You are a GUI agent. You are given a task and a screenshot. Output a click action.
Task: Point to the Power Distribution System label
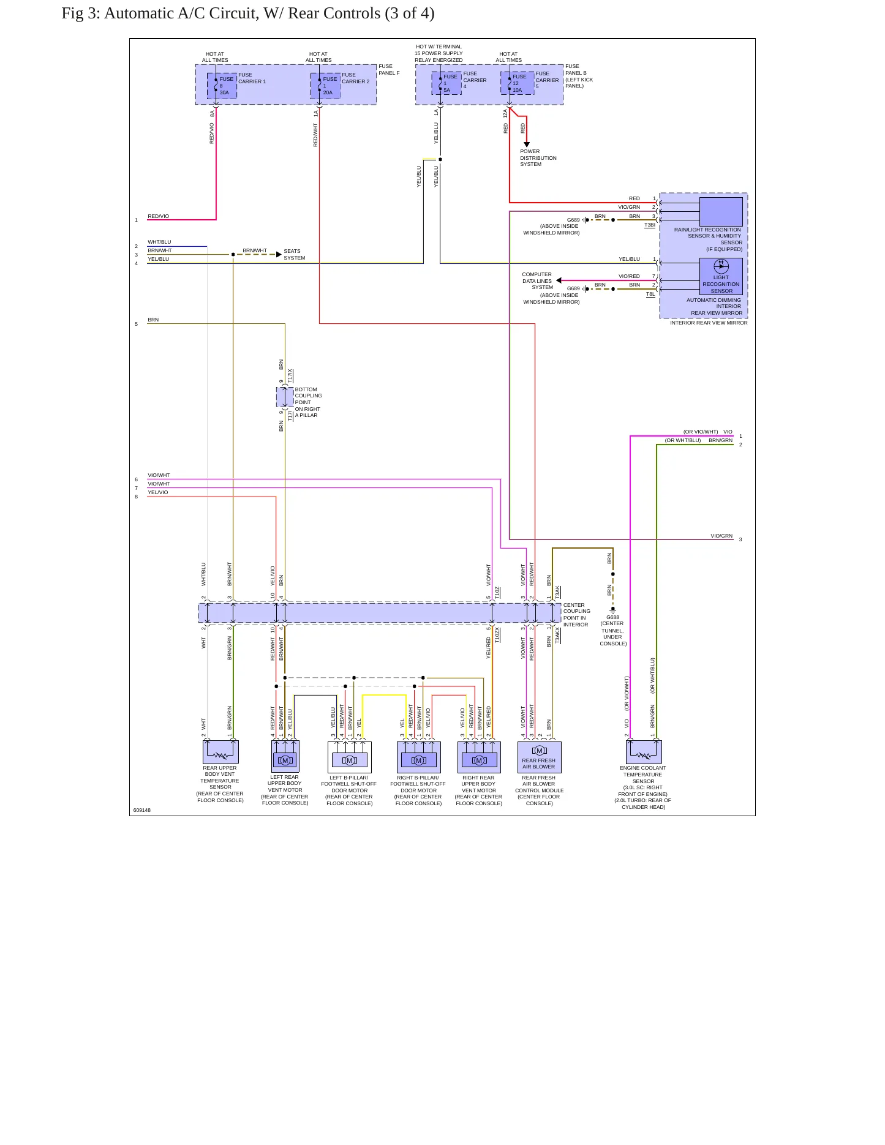(538, 158)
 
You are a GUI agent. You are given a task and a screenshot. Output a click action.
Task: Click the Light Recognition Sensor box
(721, 276)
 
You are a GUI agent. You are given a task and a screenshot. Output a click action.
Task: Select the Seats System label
(294, 255)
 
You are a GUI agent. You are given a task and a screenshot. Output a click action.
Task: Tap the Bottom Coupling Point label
(308, 402)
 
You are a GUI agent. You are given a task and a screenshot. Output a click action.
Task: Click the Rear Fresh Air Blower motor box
(539, 757)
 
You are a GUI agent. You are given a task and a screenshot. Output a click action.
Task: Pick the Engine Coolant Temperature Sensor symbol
(644, 752)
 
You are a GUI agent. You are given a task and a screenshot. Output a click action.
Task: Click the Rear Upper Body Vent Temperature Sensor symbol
(220, 752)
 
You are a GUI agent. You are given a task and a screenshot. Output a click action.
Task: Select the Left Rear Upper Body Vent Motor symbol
(285, 757)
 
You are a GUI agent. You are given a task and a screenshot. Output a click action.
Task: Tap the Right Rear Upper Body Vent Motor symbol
(479, 757)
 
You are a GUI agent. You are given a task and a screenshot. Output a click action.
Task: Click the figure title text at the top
(248, 13)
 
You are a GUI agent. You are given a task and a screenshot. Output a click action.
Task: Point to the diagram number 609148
(142, 810)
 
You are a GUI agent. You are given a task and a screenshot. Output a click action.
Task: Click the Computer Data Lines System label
(537, 281)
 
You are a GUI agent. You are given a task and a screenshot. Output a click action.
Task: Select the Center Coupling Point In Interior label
(577, 615)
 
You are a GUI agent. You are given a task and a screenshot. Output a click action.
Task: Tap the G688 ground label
(612, 617)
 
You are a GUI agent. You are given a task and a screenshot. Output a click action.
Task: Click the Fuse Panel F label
(389, 70)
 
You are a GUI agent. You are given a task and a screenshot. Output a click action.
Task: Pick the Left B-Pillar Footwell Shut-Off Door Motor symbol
(350, 757)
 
